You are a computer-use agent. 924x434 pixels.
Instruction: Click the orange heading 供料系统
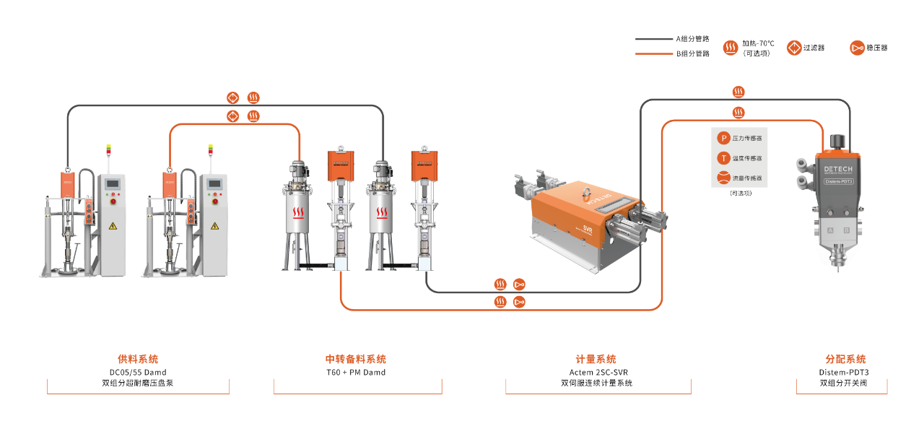138,359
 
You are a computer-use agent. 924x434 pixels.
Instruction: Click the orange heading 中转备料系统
356,359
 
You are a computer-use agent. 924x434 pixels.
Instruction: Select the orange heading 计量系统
596,359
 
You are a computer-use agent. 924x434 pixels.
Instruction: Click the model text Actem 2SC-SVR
598,373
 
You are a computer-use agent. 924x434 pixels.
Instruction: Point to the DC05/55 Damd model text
138,373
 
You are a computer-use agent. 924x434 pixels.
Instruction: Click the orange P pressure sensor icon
723,137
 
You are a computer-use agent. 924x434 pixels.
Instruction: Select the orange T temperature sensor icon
723,157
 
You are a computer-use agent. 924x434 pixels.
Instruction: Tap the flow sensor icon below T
723,178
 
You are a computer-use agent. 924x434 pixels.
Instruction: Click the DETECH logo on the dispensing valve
838,169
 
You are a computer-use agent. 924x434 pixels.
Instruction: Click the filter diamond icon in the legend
794,48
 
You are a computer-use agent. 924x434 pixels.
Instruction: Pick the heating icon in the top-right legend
731,48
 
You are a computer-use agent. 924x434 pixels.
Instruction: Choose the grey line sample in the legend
653,39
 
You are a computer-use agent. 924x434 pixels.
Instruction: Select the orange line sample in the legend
653,54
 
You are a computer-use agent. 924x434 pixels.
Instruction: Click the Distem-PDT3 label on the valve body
838,182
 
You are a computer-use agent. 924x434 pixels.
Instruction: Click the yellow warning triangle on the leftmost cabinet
113,226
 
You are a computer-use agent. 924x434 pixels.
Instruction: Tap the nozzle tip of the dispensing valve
838,267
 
